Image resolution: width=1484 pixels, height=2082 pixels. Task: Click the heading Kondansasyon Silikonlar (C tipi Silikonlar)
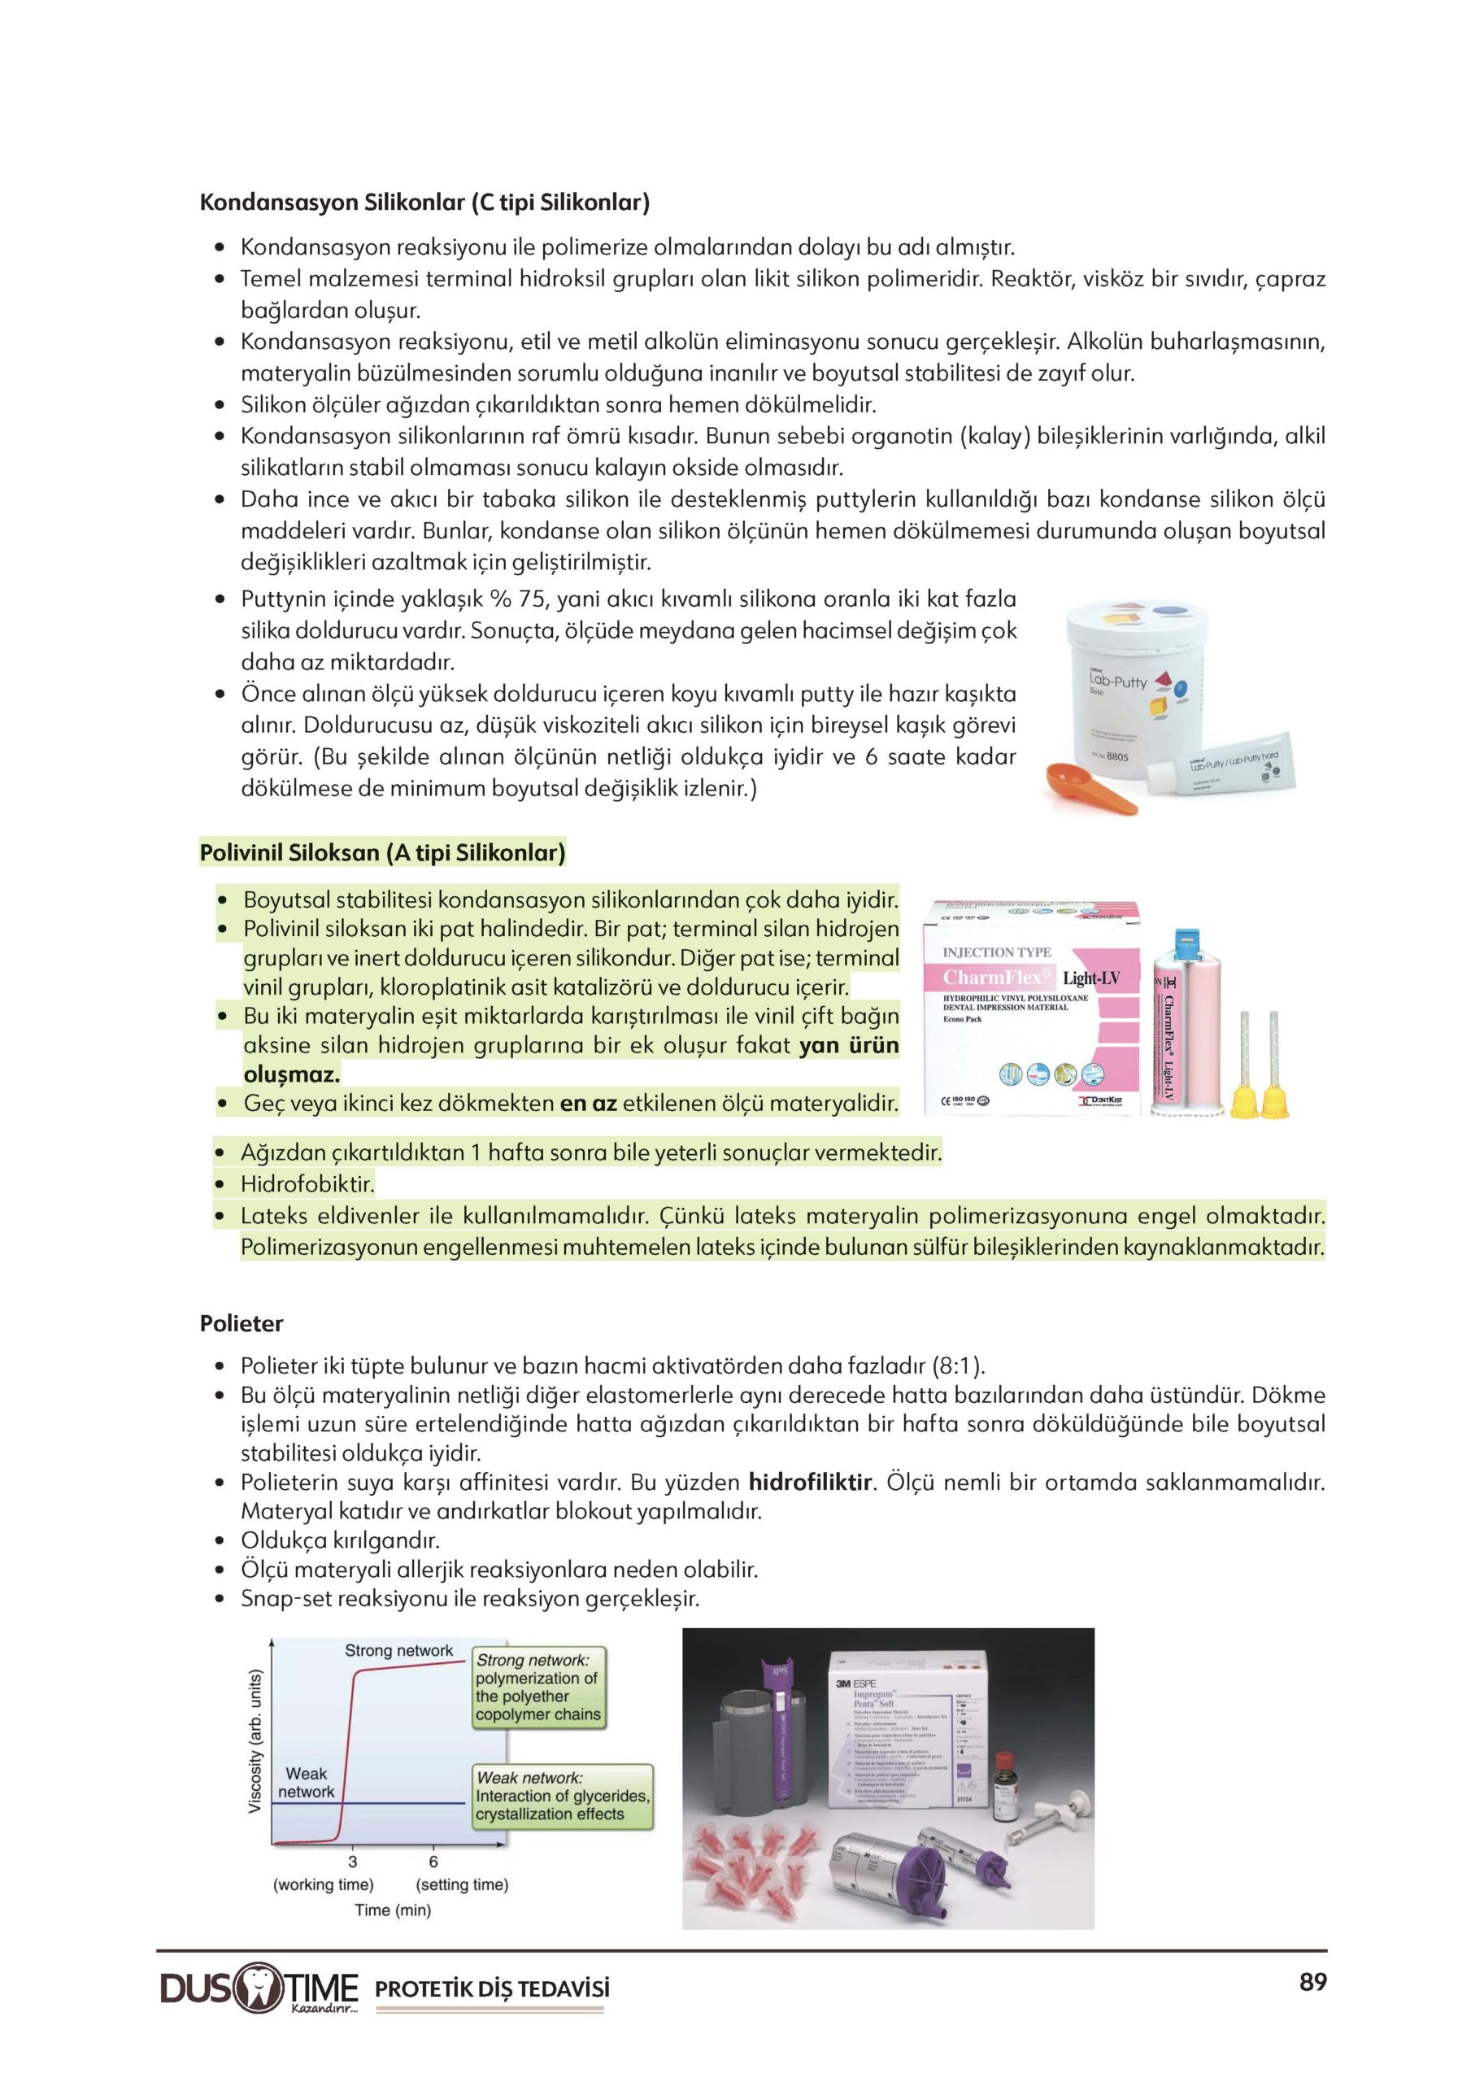(x=424, y=202)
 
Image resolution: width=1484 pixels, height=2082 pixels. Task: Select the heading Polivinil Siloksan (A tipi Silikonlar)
(x=382, y=852)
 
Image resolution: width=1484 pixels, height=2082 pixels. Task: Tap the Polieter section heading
(x=242, y=1322)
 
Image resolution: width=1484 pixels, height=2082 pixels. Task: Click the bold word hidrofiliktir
(x=811, y=1482)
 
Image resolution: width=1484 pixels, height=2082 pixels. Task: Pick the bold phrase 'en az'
(x=589, y=1103)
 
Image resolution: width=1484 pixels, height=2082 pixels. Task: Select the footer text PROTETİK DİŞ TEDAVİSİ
(x=492, y=1988)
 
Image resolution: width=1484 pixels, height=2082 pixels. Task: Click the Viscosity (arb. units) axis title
(x=256, y=1741)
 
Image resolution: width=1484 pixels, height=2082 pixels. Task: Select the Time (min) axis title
(x=393, y=1910)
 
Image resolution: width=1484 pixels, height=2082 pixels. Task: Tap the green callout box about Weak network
(x=563, y=1796)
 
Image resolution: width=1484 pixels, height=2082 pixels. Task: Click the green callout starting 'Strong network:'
(x=538, y=1688)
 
